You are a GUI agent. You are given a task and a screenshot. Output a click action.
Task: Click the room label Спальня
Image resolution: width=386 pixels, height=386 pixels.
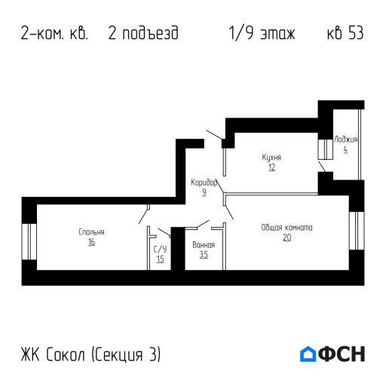click(90, 232)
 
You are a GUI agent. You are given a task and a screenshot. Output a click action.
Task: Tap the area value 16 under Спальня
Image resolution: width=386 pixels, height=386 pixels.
click(90, 243)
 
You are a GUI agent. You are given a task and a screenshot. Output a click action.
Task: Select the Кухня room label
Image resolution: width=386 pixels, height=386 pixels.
click(271, 158)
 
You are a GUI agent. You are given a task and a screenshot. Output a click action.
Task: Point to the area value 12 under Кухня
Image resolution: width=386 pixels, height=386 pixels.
click(271, 167)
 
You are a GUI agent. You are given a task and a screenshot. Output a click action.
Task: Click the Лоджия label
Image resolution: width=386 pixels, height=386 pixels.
click(346, 139)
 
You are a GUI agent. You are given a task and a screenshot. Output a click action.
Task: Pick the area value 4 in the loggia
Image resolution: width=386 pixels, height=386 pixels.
click(346, 149)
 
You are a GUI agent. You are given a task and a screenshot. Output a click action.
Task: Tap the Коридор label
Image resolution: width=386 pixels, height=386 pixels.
click(204, 182)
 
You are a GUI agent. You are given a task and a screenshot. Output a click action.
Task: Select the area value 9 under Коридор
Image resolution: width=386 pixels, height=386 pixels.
click(204, 192)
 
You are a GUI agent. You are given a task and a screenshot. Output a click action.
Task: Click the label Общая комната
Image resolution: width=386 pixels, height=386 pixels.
click(287, 227)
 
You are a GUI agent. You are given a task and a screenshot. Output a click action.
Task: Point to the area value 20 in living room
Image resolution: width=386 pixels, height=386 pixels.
click(287, 237)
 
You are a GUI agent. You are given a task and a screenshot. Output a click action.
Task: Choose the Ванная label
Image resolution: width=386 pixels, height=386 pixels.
click(204, 245)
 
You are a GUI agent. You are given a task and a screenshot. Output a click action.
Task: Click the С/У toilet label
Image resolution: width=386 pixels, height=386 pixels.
click(160, 249)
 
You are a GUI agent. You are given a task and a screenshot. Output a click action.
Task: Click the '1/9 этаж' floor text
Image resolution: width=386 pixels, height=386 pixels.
click(261, 35)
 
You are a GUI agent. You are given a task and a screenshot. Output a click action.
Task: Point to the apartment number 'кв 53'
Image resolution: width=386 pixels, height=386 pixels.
click(345, 35)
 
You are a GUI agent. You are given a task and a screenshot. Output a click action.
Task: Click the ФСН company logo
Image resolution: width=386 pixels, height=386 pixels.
click(332, 354)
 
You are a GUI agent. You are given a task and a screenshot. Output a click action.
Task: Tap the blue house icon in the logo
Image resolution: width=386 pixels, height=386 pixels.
click(308, 354)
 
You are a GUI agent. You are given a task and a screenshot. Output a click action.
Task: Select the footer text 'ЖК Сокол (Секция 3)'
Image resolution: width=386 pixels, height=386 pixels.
click(91, 354)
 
